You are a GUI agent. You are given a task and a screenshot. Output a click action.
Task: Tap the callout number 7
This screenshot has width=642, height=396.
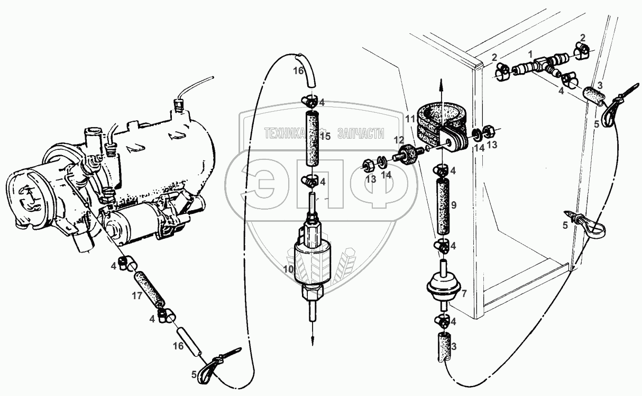tap(464, 293)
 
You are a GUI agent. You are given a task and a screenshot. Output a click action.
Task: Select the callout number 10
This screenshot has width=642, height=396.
tap(288, 269)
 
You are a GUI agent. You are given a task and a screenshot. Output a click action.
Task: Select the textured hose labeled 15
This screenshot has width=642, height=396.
tap(311, 138)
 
